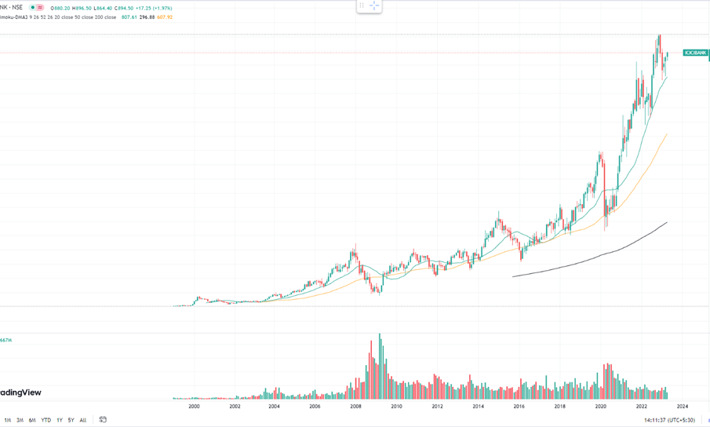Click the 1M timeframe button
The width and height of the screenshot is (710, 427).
[x=8, y=420]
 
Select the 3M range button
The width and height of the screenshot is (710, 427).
[x=20, y=420]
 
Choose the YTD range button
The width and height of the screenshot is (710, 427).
[x=46, y=420]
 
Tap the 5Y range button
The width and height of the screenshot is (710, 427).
[x=71, y=420]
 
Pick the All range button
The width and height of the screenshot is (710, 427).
[x=83, y=420]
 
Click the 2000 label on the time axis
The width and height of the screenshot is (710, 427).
[x=194, y=406]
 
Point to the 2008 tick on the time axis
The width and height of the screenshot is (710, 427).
[x=355, y=406]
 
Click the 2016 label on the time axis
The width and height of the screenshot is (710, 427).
[x=519, y=406]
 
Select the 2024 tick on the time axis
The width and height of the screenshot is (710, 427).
[x=682, y=406]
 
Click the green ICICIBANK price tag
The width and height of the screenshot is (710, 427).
[x=695, y=53]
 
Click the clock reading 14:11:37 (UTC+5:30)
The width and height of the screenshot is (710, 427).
[x=669, y=420]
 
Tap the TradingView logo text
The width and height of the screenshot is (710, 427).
[x=20, y=392]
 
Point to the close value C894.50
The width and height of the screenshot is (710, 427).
[x=122, y=8]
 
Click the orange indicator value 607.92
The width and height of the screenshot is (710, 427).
[x=164, y=16]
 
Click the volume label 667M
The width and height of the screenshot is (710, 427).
[x=6, y=340]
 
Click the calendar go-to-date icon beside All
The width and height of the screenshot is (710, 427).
[x=103, y=420]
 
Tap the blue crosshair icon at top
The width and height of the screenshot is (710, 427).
[x=374, y=5]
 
